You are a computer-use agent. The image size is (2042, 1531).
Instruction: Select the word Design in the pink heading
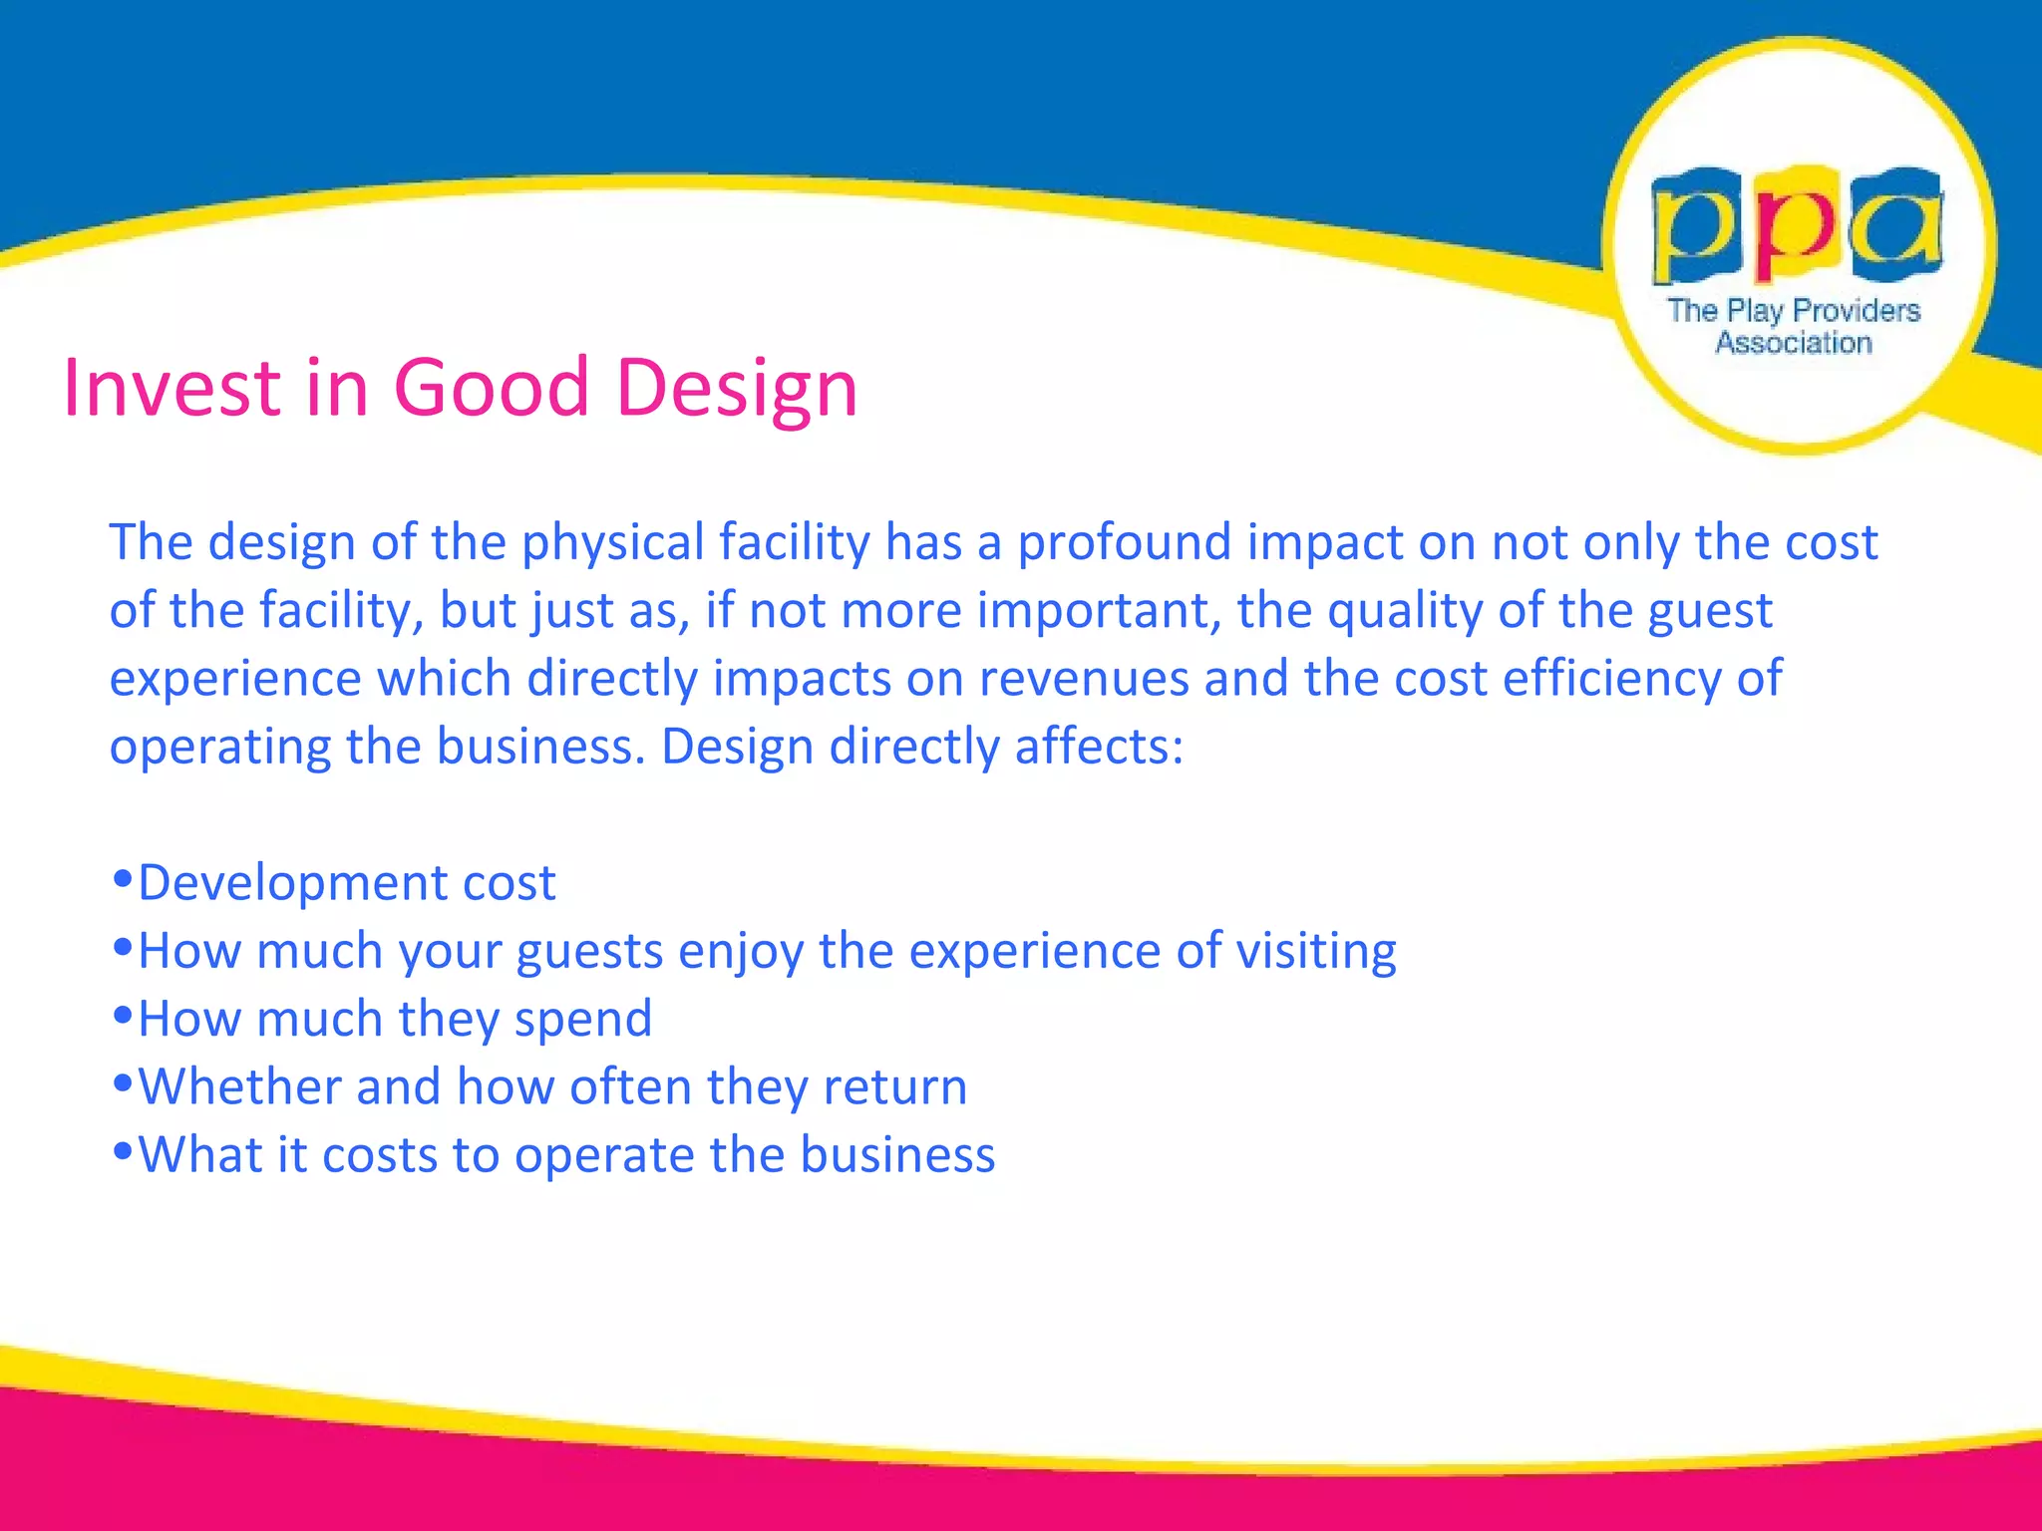tap(737, 389)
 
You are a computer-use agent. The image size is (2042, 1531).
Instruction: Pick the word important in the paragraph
tap(1099, 612)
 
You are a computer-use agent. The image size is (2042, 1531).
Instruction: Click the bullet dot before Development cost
tap(123, 879)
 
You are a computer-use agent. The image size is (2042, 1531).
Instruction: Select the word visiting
tap(1316, 952)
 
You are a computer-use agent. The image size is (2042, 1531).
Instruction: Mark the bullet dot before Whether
tap(123, 1083)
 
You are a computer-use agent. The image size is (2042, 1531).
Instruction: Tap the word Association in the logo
tap(1793, 343)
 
